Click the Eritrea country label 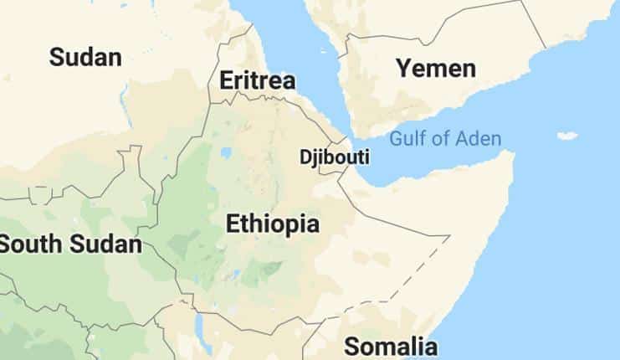click(257, 80)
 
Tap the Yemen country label click(436, 68)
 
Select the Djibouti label click(335, 157)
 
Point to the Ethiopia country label click(273, 224)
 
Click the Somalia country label click(391, 346)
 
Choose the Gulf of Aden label click(445, 139)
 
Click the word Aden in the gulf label click(479, 139)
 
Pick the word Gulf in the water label click(407, 139)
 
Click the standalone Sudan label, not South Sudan click(85, 57)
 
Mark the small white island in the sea click(567, 135)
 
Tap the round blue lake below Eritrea click(226, 153)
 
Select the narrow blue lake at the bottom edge click(198, 323)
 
